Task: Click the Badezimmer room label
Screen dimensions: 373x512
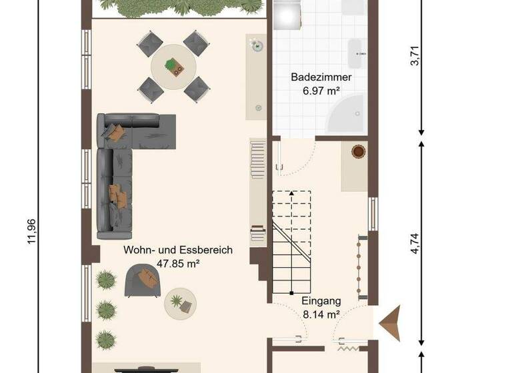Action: pyautogui.click(x=321, y=77)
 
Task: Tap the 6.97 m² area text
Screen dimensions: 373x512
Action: pyautogui.click(x=321, y=91)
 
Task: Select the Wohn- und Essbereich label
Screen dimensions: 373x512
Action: pyautogui.click(x=178, y=250)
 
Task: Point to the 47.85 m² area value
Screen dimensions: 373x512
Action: pyautogui.click(x=178, y=264)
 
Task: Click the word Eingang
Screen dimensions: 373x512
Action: pyautogui.click(x=321, y=301)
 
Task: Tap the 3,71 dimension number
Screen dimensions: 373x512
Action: pyautogui.click(x=415, y=54)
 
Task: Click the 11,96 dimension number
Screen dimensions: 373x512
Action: pyautogui.click(x=31, y=231)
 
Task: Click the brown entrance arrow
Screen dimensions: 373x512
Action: pyautogui.click(x=389, y=322)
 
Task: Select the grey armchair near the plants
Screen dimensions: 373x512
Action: pyautogui.click(x=142, y=280)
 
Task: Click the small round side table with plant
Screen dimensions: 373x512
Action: pyautogui.click(x=181, y=303)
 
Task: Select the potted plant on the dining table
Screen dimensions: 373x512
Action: pyautogui.click(x=175, y=65)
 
